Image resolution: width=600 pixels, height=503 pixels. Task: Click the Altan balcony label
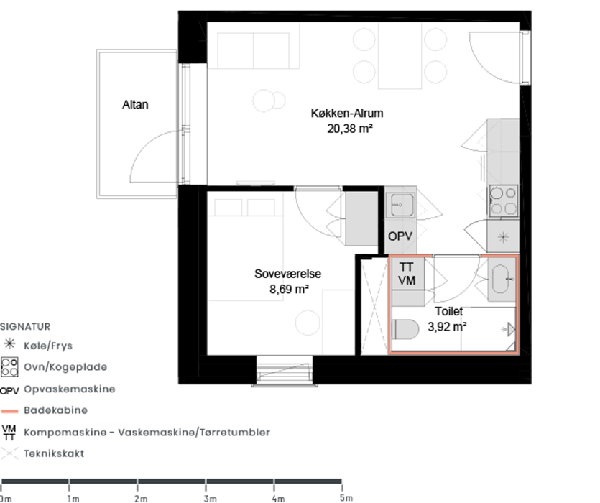(135, 104)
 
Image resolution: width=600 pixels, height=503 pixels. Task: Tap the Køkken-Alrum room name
(346, 114)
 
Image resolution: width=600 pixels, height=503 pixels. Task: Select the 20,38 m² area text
(350, 129)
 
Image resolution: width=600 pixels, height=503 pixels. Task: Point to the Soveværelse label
(287, 274)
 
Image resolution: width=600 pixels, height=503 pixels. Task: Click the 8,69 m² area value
(289, 289)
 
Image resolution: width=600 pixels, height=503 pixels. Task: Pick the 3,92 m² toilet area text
(447, 326)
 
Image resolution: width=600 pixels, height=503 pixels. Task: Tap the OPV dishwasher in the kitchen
(400, 236)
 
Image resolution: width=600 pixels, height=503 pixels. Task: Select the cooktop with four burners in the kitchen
(504, 201)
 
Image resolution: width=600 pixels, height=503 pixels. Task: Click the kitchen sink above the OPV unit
(400, 205)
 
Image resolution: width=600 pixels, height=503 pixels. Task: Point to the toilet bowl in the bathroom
(405, 329)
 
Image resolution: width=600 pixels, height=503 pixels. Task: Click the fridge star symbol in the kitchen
(503, 237)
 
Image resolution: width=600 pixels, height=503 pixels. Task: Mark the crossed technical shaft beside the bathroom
(374, 307)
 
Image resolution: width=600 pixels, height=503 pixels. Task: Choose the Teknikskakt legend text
(54, 453)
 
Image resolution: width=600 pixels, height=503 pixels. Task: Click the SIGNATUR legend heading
(25, 326)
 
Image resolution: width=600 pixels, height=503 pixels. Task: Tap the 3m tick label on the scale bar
(211, 499)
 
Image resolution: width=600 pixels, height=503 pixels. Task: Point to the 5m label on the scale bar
(346, 498)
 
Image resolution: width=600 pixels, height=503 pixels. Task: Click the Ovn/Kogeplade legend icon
(9, 366)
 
